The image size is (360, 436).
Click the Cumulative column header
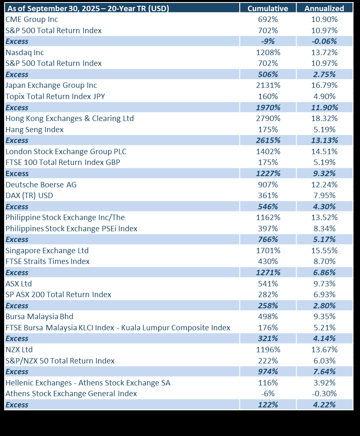pyautogui.click(x=268, y=8)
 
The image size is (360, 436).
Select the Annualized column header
pyautogui.click(x=324, y=8)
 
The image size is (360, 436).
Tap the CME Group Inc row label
pyautogui.click(x=32, y=19)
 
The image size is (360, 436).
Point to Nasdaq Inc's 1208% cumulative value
pyautogui.click(x=268, y=52)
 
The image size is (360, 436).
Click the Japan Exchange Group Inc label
pyautogui.click(x=51, y=85)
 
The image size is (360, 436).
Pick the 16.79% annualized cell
pyautogui.click(x=324, y=85)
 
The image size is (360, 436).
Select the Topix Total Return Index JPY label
pyautogui.click(x=55, y=97)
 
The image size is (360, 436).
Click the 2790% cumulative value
pyautogui.click(x=268, y=119)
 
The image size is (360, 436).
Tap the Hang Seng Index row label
pyautogui.click(x=34, y=130)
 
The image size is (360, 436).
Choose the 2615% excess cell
pyautogui.click(x=268, y=140)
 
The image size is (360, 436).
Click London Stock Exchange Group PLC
pyautogui.click(x=66, y=152)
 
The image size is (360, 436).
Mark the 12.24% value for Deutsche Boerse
pyautogui.click(x=324, y=184)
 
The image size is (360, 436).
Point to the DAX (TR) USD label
pyautogui.click(x=29, y=196)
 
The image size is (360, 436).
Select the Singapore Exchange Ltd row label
pyautogui.click(x=47, y=250)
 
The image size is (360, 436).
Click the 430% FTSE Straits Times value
pyautogui.click(x=268, y=262)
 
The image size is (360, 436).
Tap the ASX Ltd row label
pyautogui.click(x=19, y=283)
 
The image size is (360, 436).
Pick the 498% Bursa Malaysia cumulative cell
pyautogui.click(x=268, y=317)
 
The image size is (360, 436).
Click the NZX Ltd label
pyautogui.click(x=19, y=349)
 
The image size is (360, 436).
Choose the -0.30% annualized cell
pyautogui.click(x=324, y=394)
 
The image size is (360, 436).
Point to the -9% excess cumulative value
pyautogui.click(x=268, y=41)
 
